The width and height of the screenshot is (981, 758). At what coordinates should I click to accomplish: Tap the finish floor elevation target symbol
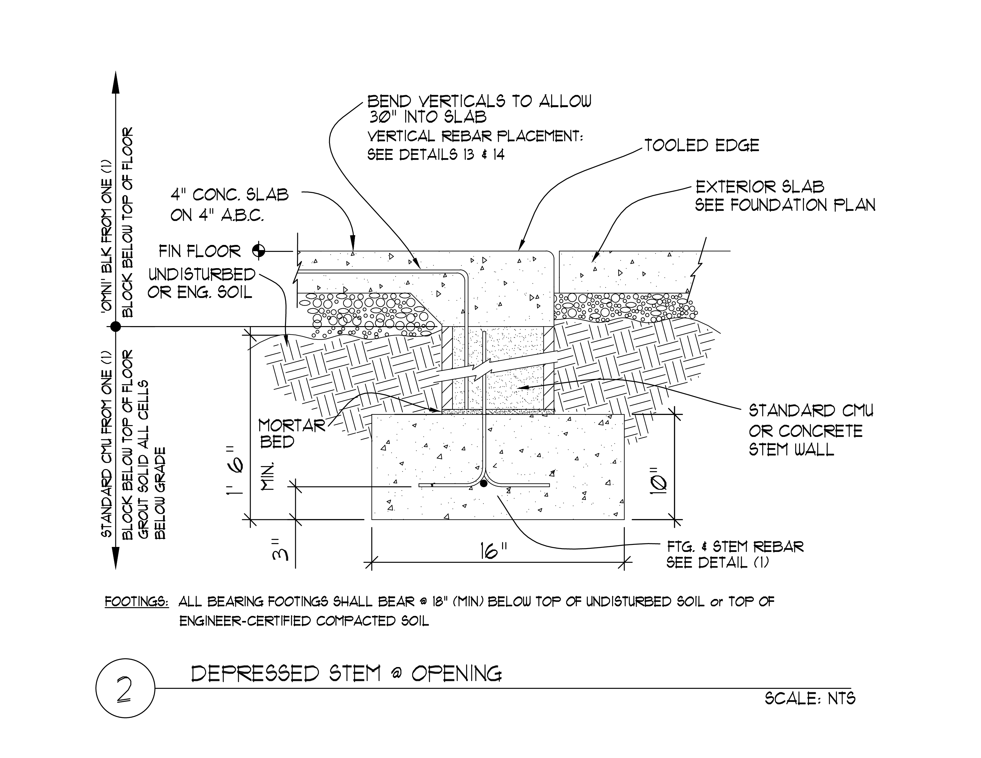(x=259, y=251)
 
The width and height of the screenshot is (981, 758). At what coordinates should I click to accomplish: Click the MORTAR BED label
(x=292, y=434)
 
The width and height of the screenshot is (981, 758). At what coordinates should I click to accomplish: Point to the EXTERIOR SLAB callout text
(x=760, y=187)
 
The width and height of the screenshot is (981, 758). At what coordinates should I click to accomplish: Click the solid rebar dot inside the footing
(x=483, y=484)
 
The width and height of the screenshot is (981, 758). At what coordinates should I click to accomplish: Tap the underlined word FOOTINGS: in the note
(x=136, y=602)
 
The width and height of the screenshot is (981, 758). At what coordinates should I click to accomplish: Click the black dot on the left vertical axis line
(x=116, y=326)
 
